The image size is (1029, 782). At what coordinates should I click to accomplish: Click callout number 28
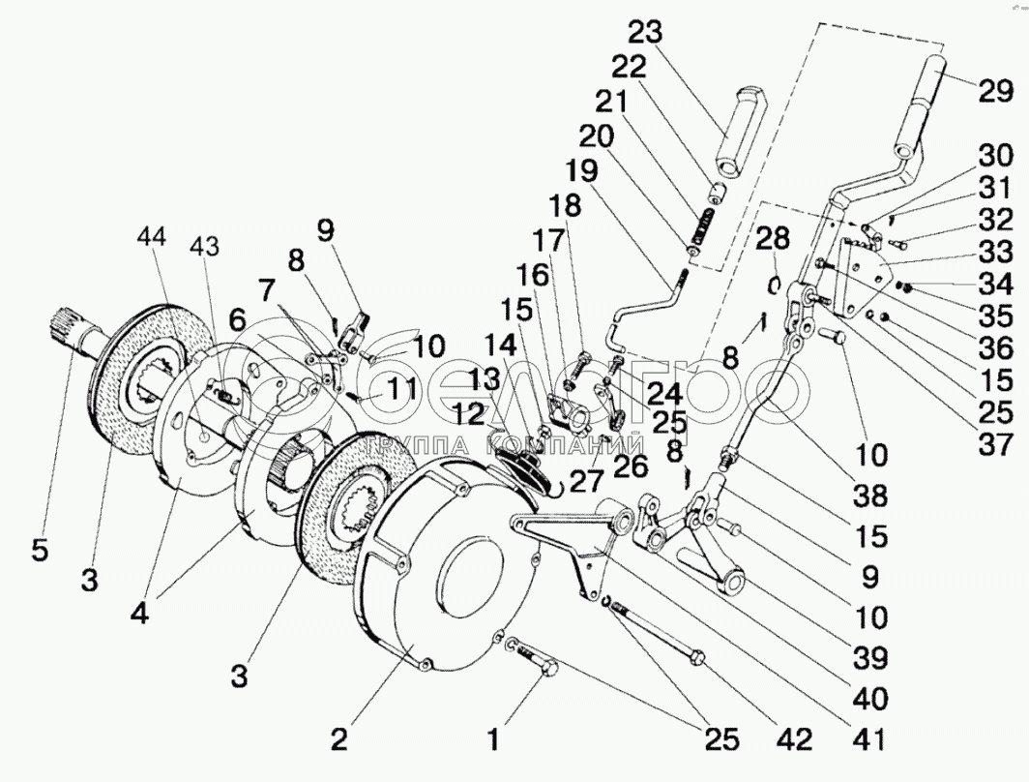tap(773, 238)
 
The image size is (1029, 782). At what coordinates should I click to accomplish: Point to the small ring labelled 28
tap(774, 282)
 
